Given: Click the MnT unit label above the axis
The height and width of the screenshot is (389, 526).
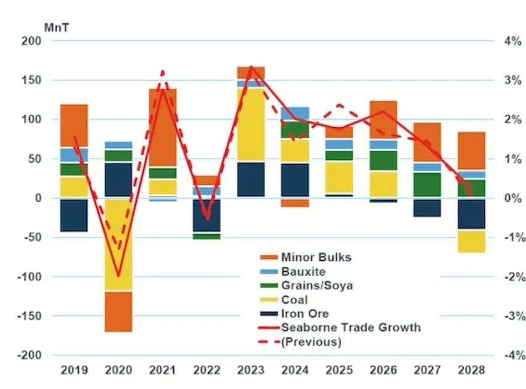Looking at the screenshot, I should [54, 28].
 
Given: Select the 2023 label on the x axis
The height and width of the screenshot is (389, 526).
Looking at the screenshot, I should [251, 371].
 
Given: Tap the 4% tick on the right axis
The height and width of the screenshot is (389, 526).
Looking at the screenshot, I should [512, 41].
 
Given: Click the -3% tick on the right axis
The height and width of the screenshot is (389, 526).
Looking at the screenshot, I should [512, 316].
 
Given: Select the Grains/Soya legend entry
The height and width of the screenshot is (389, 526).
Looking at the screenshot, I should [316, 285].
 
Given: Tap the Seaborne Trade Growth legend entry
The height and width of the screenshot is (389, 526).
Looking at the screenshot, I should [350, 327].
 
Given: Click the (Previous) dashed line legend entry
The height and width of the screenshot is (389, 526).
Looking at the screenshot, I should [311, 342].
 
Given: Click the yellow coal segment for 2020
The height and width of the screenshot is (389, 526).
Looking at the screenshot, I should [118, 247].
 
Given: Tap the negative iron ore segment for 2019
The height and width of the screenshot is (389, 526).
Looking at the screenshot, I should [74, 215].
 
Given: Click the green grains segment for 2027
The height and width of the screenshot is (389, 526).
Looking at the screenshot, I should [427, 184].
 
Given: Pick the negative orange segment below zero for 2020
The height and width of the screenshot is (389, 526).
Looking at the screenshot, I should [118, 311].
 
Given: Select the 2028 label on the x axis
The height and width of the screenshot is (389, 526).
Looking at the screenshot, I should [471, 371].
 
